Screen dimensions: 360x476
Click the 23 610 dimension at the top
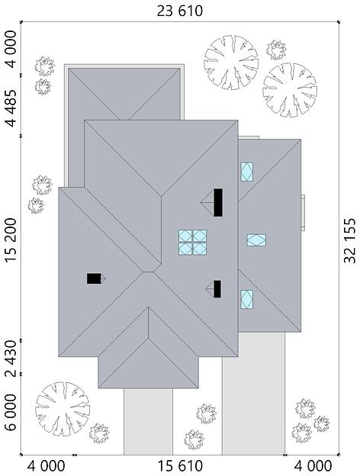[179, 11]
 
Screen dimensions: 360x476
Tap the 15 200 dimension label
[11, 240]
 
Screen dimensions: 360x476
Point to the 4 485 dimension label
[11, 108]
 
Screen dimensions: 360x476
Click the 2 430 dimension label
[11, 359]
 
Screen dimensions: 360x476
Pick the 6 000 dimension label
[11, 412]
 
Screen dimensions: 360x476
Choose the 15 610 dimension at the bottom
[180, 465]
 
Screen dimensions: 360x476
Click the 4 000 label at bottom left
[46, 465]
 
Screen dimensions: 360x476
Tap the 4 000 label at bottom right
[313, 465]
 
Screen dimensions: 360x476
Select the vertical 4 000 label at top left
[11, 49]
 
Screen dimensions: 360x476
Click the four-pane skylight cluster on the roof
[192, 242]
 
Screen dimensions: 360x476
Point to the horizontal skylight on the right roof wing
[256, 240]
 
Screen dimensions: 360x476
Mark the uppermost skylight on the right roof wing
[247, 172]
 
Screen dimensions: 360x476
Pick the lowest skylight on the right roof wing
[247, 299]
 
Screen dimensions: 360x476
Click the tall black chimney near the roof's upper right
[218, 202]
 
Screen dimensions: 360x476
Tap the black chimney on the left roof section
[94, 278]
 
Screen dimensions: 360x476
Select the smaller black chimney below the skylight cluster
[217, 289]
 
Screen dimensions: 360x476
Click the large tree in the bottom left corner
[63, 409]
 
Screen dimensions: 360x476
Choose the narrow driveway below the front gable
[148, 421]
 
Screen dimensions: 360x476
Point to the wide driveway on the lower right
[253, 394]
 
